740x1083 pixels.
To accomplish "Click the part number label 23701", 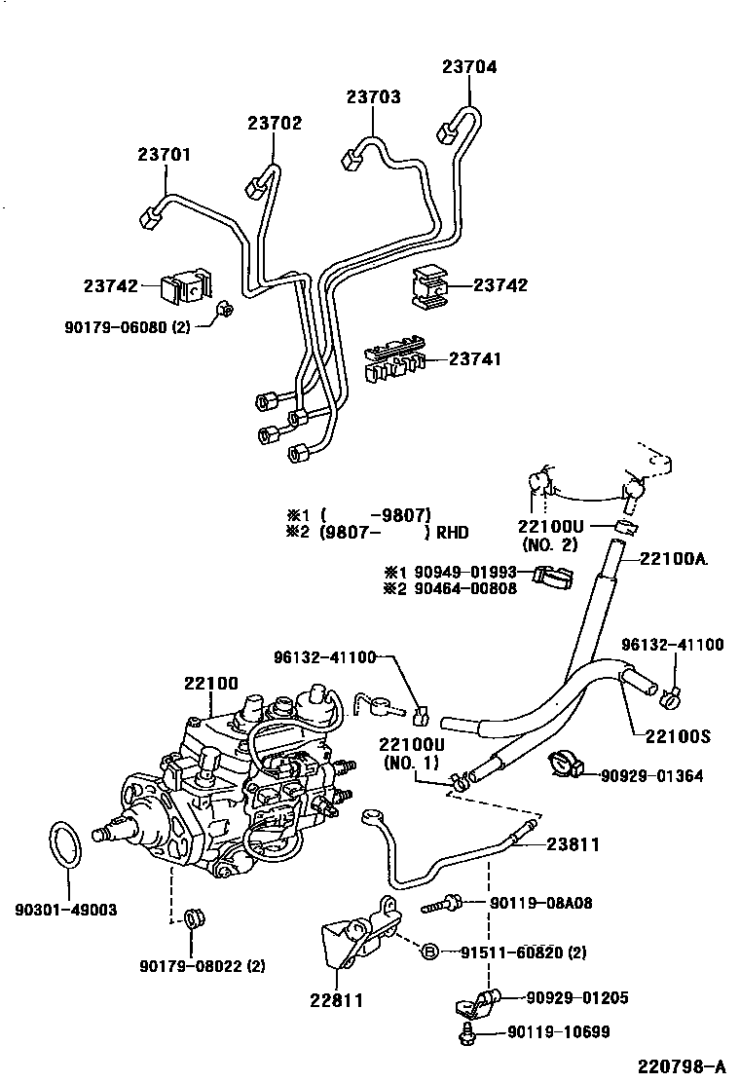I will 164,155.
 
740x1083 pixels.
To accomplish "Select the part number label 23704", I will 469,67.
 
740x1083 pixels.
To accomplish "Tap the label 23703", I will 373,97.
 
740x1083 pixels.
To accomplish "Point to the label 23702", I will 274,124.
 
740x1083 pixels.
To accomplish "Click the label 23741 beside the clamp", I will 475,359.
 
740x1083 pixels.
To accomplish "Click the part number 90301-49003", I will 65,910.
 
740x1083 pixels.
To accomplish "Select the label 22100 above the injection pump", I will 211,684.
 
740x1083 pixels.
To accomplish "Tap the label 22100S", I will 676,737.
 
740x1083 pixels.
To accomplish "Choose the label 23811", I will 573,845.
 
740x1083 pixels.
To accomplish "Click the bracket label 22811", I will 338,998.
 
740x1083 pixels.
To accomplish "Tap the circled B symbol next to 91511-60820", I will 429,952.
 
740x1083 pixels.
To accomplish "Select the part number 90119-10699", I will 558,1032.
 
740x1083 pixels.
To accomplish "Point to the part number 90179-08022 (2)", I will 203,966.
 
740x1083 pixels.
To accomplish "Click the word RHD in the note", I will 452,533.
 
